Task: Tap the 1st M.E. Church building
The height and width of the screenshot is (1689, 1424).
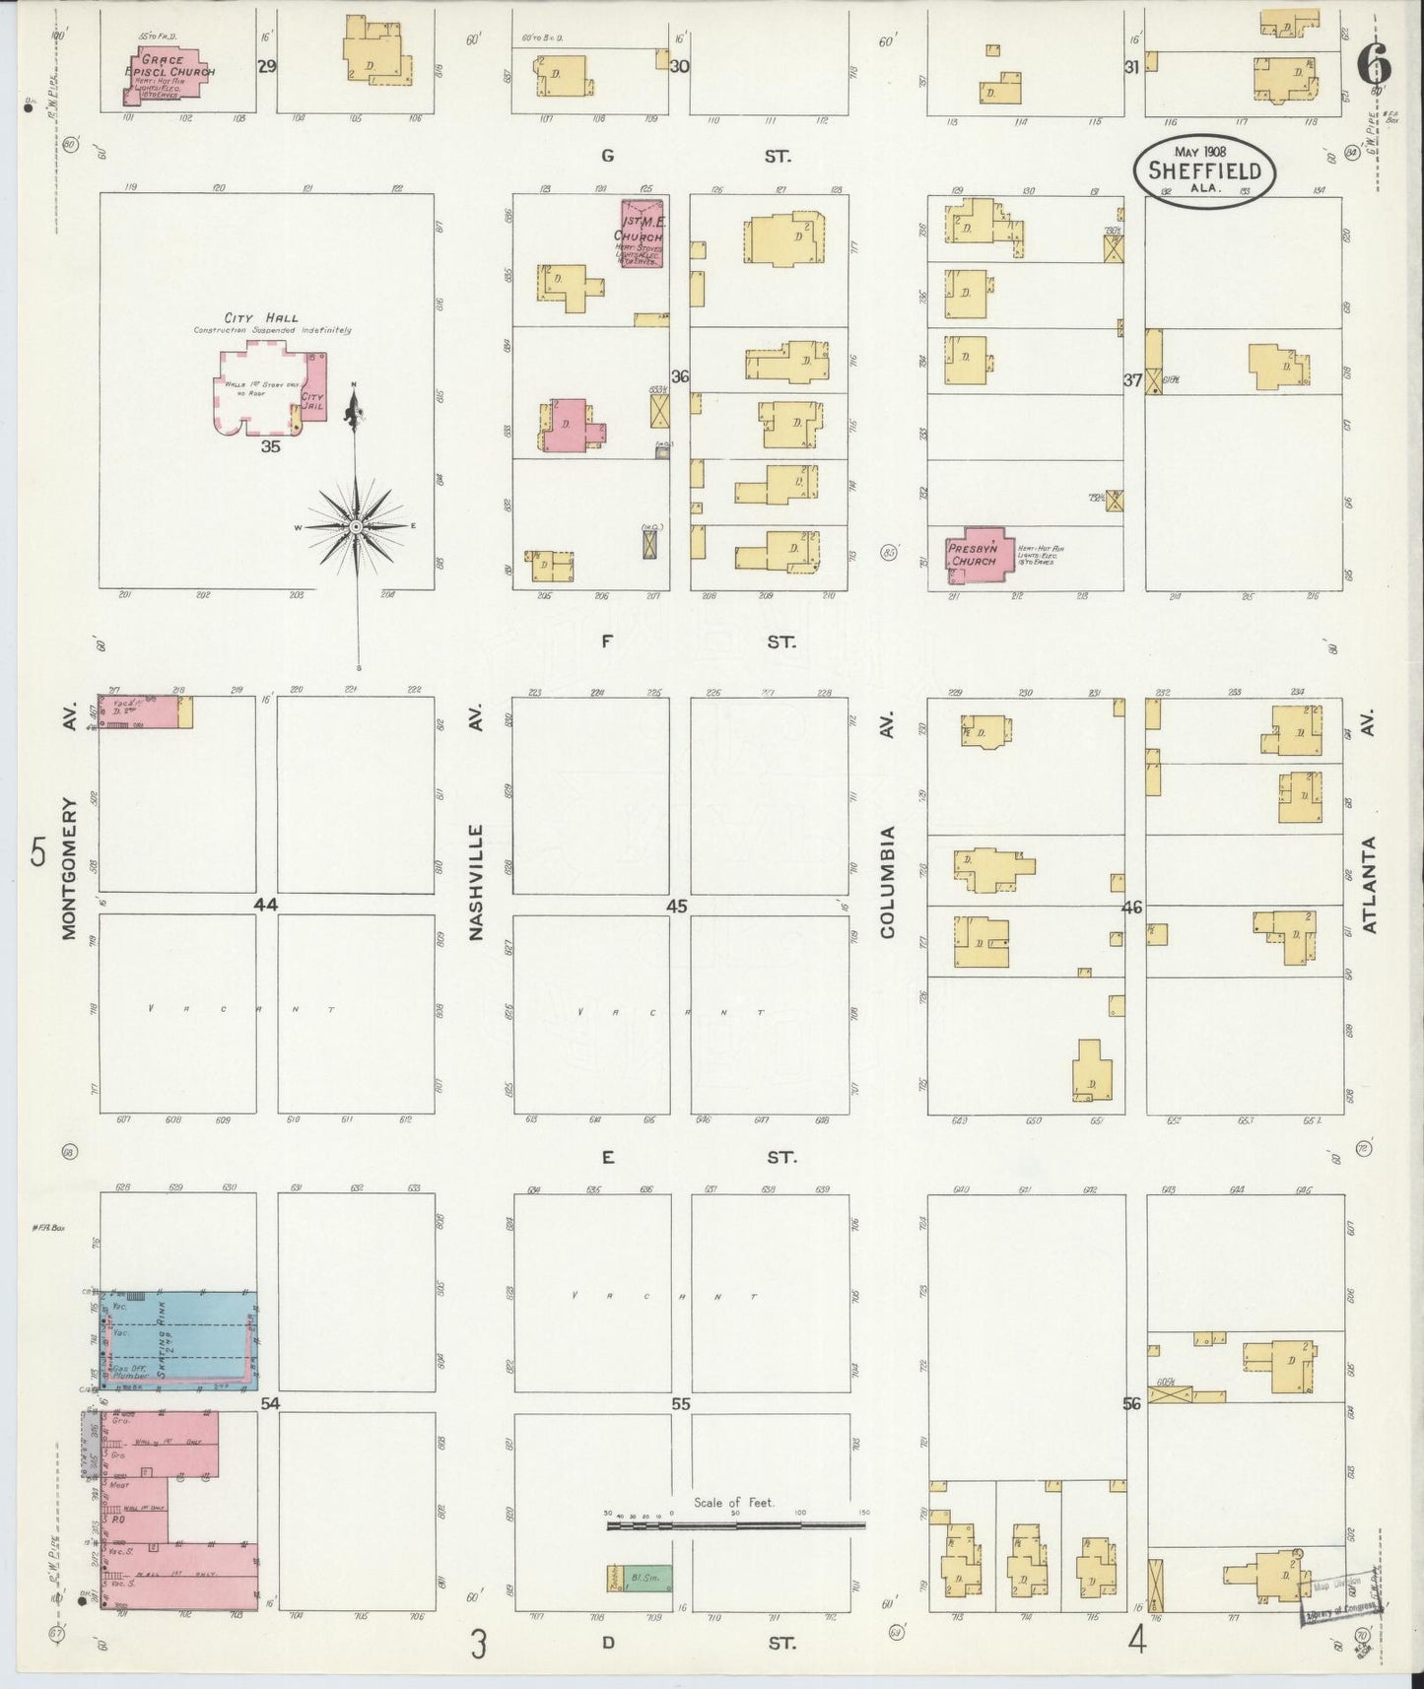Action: click(642, 234)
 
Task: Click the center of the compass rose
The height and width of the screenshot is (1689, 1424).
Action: click(355, 527)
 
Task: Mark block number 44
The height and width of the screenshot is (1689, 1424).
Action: click(265, 905)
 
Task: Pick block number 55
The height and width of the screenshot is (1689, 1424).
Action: click(680, 1404)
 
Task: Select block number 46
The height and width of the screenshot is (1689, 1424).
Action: click(1131, 907)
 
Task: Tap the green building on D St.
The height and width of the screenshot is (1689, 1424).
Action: click(640, 1579)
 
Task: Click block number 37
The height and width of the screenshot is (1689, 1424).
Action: click(1131, 379)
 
